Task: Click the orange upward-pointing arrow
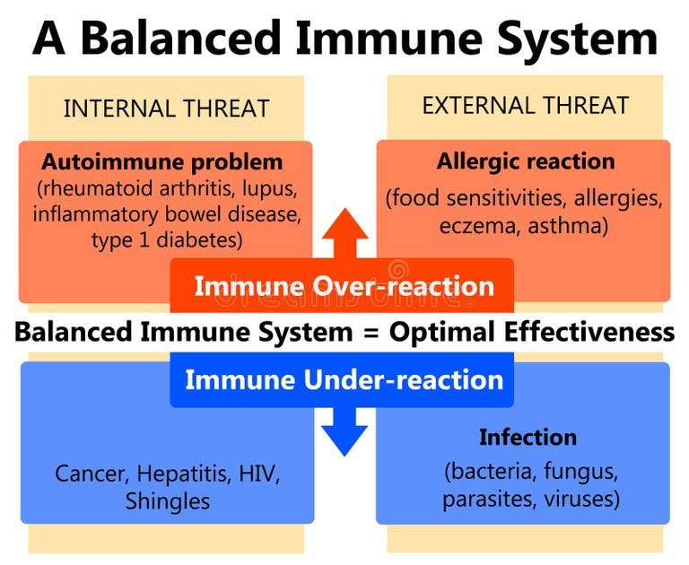(344, 234)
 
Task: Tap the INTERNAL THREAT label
(166, 109)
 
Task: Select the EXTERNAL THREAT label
(525, 106)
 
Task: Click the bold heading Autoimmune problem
(161, 163)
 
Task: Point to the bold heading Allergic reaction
(526, 161)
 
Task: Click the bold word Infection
(528, 438)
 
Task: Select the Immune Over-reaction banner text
(344, 287)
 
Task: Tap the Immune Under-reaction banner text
(344, 379)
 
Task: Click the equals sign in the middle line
(370, 333)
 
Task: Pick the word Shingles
(168, 500)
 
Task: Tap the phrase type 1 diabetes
(166, 240)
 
